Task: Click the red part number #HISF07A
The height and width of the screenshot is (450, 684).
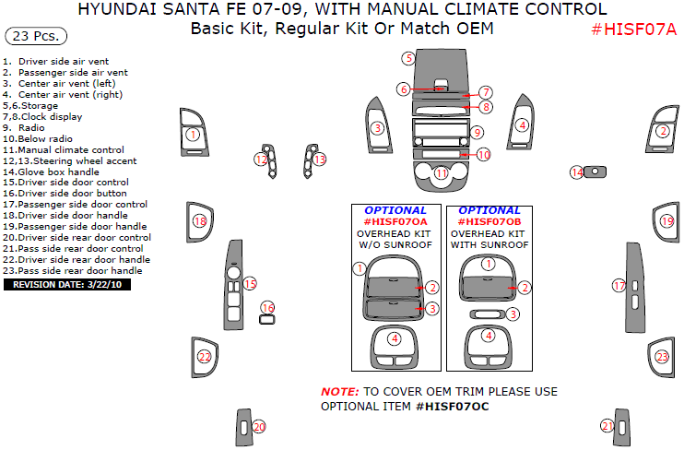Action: pyautogui.click(x=634, y=29)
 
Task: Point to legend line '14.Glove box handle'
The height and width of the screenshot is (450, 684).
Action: pyautogui.click(x=51, y=172)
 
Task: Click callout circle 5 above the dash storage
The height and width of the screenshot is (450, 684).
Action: pyautogui.click(x=407, y=58)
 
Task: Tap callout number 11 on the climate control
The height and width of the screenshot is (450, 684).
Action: pyautogui.click(x=442, y=173)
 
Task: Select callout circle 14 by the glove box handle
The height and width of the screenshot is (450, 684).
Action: pyautogui.click(x=576, y=172)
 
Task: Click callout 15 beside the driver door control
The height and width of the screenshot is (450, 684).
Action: pyautogui.click(x=249, y=283)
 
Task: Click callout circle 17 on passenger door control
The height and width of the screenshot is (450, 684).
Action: pyautogui.click(x=619, y=286)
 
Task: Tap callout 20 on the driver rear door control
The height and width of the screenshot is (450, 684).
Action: pyautogui.click(x=259, y=427)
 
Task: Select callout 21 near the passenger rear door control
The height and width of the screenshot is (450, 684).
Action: pyautogui.click(x=607, y=425)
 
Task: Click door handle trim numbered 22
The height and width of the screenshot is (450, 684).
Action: pyautogui.click(x=205, y=357)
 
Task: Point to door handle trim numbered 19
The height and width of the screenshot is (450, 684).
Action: pyautogui.click(x=666, y=221)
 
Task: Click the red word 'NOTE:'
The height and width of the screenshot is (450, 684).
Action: pyautogui.click(x=339, y=392)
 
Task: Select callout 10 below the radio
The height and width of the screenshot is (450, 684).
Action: pyautogui.click(x=484, y=154)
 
